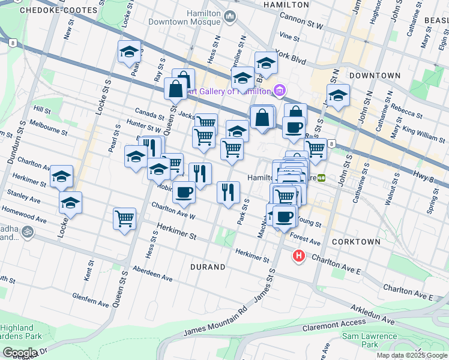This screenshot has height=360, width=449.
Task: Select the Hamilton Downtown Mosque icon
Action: click(230, 17)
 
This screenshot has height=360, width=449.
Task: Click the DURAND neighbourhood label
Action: click(208, 266)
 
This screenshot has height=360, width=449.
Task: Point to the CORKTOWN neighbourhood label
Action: click(359, 241)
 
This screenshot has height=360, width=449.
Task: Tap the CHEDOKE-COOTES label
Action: click(58, 11)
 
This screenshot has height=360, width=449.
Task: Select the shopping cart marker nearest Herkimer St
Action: click(124, 218)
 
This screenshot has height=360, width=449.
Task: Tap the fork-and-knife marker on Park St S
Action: click(228, 192)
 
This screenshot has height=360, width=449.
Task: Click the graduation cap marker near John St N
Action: click(338, 95)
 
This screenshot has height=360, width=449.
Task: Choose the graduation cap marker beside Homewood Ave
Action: click(70, 203)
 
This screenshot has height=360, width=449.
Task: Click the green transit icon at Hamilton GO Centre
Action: click(321, 178)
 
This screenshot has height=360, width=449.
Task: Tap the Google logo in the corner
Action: click(19, 353)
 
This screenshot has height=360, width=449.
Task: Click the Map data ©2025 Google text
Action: click(412, 355)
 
